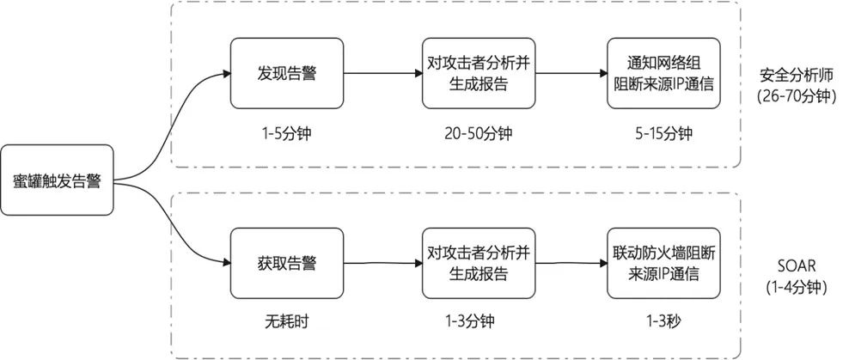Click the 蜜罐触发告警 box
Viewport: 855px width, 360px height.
click(58, 181)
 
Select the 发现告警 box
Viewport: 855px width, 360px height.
click(286, 73)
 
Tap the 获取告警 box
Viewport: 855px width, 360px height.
click(286, 263)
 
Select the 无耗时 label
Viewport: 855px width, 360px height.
click(286, 324)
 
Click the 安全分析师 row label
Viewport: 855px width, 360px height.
click(797, 74)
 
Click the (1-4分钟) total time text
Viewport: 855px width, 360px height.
click(797, 288)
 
